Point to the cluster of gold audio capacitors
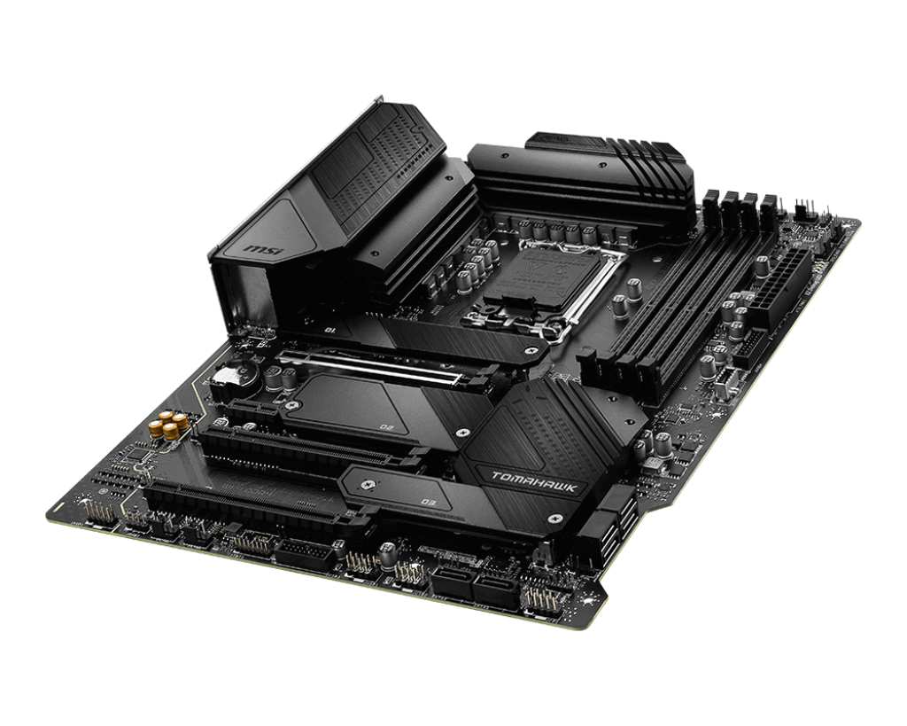pos(170,424)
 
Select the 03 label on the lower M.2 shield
pos(430,503)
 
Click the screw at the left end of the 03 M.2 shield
pos(362,485)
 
